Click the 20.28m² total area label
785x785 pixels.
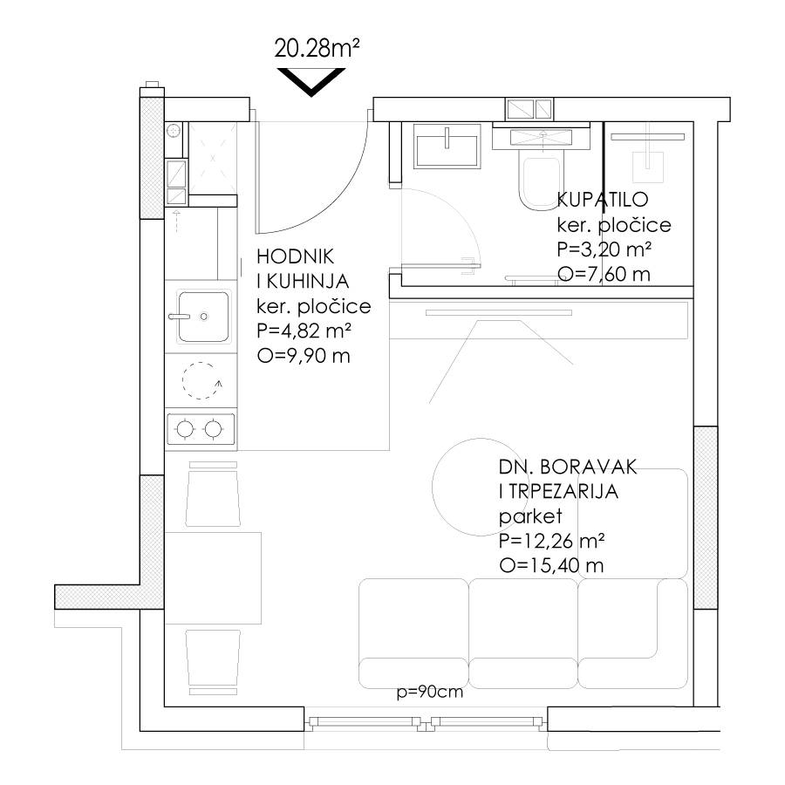coord(317,49)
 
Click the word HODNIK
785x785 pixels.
coord(295,256)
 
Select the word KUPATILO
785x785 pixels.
coord(602,200)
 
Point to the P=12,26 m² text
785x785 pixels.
coord(551,541)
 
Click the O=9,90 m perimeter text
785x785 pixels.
coord(304,356)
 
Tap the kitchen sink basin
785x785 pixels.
coord(203,317)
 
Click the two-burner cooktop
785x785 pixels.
coord(201,429)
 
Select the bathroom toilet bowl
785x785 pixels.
coord(539,183)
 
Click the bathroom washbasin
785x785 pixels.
coord(447,146)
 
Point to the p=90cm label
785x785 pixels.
coord(429,693)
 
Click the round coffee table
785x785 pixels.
coord(480,487)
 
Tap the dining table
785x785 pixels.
coord(213,578)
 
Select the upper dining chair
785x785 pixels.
coord(214,494)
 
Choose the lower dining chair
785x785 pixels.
coord(214,662)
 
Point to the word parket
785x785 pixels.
coord(530,516)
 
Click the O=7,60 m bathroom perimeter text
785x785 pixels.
coord(604,275)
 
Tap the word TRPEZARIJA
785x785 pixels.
coord(563,492)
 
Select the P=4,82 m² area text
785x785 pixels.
coord(304,331)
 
